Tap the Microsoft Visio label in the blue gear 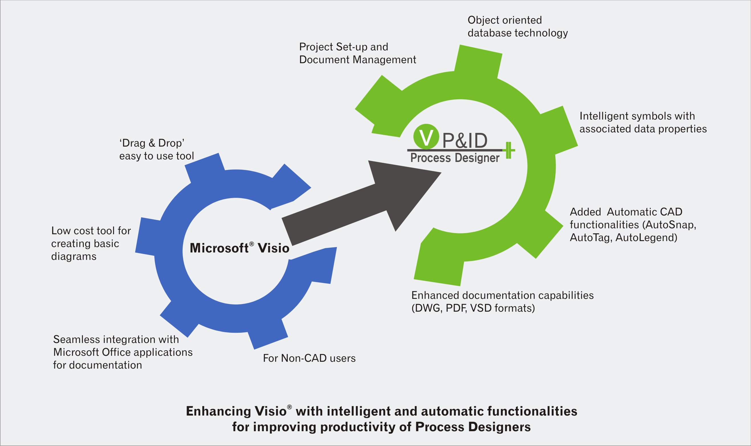point(239,248)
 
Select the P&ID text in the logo point(465,140)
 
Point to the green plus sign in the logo point(509,150)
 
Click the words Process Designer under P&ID point(454,158)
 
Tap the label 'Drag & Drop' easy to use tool point(156,149)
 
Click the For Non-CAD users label point(309,358)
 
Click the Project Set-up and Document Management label point(357,53)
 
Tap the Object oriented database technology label point(517,26)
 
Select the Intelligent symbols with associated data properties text point(643,122)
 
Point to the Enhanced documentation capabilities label point(502,295)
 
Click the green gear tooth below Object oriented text point(478,60)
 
